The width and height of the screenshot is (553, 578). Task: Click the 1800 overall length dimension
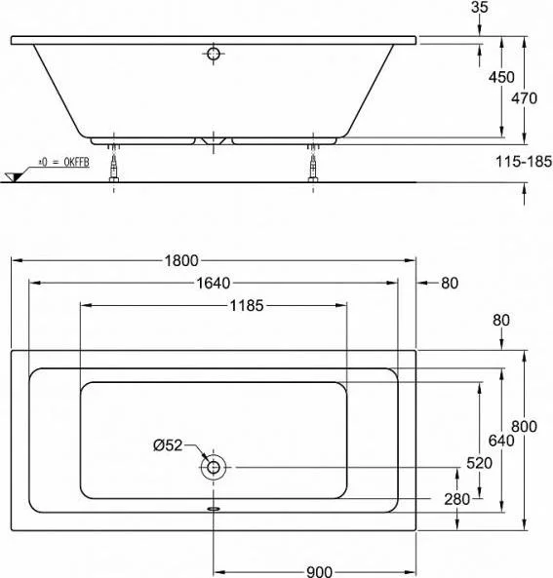tap(181, 260)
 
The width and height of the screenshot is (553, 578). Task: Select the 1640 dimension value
tap(214, 283)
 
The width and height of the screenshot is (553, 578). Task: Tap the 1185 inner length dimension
tap(247, 306)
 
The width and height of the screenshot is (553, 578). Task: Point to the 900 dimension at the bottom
tap(320, 572)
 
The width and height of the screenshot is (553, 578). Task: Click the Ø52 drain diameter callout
tap(168, 445)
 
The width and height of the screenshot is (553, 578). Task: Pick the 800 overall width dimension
tap(524, 427)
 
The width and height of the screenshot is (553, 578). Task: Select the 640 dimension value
tap(501, 441)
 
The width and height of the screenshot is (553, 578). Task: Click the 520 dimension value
tap(479, 463)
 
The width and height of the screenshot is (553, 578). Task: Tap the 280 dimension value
tap(457, 499)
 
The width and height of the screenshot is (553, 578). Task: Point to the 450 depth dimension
tap(501, 77)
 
